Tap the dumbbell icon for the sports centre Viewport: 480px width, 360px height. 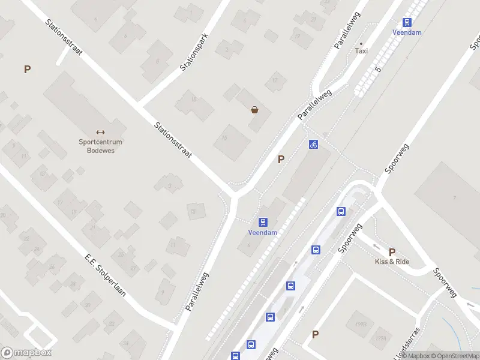point(100,132)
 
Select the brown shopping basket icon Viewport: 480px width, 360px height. point(255,110)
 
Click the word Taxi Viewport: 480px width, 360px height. point(361,51)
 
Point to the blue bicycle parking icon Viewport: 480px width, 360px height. point(313,144)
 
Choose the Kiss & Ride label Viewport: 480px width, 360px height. point(392,262)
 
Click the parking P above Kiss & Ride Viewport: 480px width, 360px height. point(392,252)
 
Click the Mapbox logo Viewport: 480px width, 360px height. point(26,353)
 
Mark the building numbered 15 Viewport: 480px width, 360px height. point(224,138)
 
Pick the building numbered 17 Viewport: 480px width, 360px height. point(275,79)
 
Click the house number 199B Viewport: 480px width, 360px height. point(360,323)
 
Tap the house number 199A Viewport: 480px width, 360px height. point(380,338)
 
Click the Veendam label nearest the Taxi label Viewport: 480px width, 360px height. point(407,32)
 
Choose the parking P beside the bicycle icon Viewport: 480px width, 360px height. point(280,159)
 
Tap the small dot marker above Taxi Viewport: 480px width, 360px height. point(361,43)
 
